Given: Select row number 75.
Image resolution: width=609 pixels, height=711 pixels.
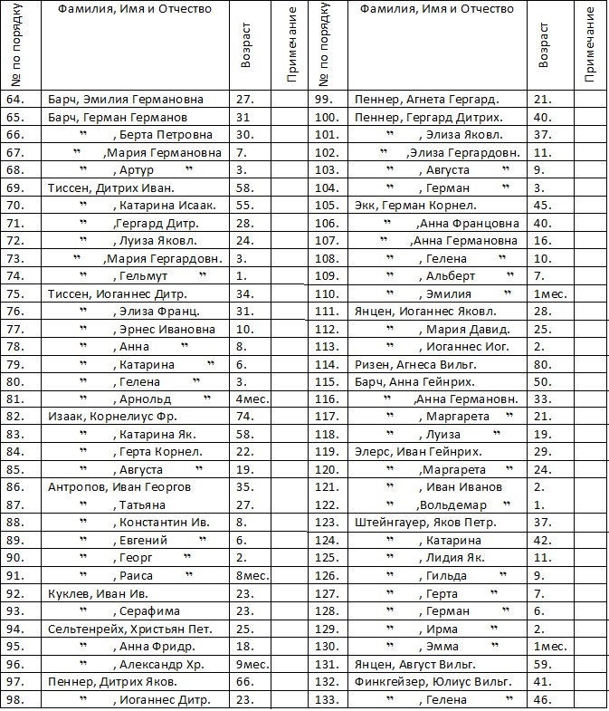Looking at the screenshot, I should point(16,293).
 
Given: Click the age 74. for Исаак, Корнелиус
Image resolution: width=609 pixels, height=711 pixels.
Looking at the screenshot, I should point(243,417).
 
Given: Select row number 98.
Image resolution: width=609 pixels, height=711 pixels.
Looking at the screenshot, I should point(16,699).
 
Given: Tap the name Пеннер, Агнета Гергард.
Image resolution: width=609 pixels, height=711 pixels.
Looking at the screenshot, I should point(427,100).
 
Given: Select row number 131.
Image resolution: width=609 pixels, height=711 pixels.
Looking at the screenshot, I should point(325,664).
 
